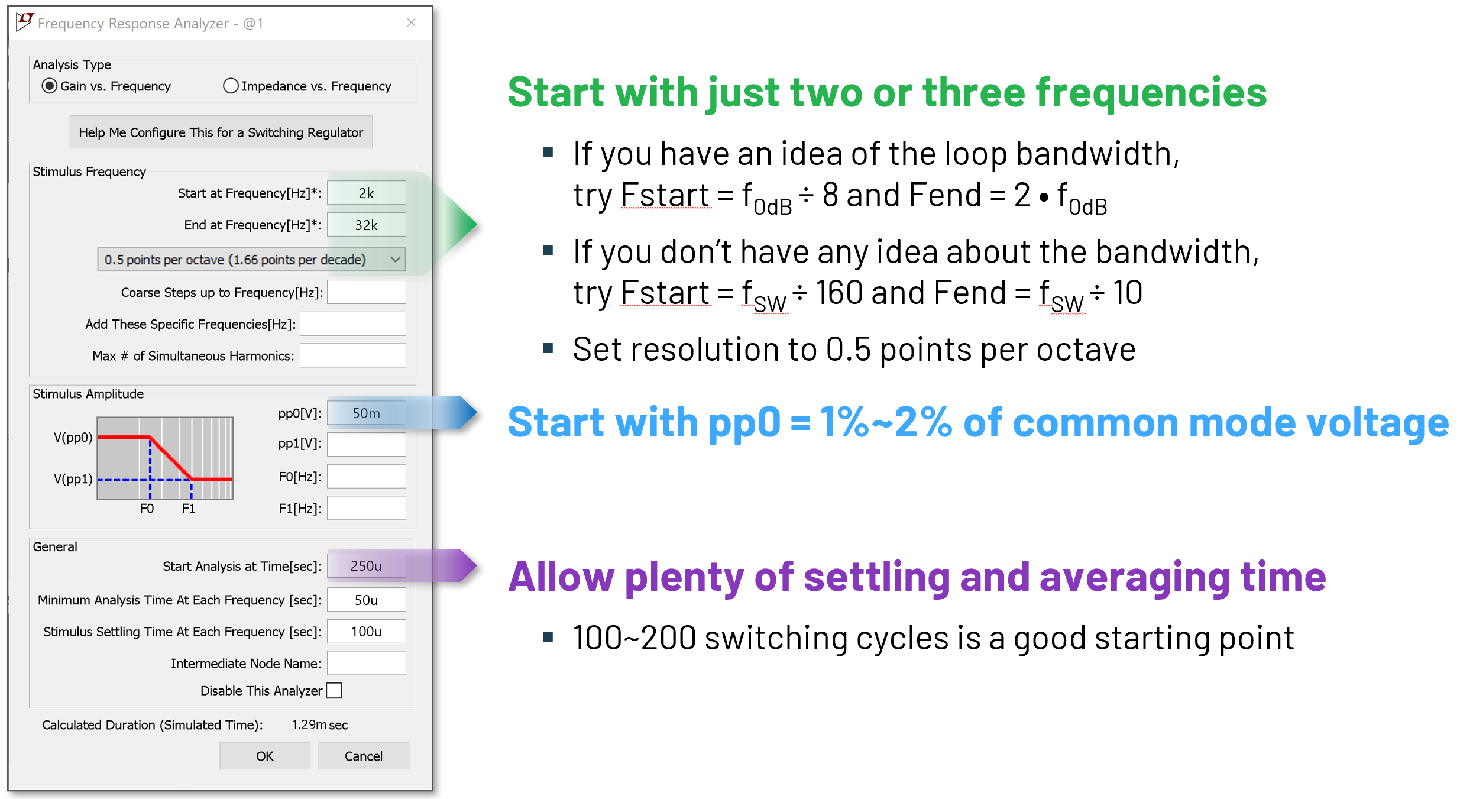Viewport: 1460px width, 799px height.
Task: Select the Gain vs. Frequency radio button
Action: click(50, 86)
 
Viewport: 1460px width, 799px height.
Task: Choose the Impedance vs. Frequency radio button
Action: click(231, 86)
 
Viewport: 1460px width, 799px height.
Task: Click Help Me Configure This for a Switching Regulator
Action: click(221, 132)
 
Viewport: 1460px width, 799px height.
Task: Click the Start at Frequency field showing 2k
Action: click(367, 193)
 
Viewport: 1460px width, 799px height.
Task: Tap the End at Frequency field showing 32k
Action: click(367, 225)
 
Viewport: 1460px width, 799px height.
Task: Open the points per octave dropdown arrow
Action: click(396, 260)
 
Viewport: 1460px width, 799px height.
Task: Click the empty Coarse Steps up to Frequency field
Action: click(367, 292)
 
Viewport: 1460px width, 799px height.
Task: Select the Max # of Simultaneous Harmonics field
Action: click(353, 355)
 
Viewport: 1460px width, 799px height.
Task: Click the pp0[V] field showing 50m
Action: click(367, 413)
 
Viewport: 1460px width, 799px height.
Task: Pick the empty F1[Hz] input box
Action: click(367, 508)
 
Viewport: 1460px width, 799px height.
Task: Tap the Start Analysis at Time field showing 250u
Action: click(367, 566)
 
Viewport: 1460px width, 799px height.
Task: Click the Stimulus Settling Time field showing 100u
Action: click(367, 632)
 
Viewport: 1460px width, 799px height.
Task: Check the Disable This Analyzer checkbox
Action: click(335, 691)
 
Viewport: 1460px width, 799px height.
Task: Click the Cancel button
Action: click(364, 756)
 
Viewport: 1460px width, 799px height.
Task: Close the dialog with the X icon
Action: click(412, 22)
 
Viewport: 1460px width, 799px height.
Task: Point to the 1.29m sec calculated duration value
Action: click(320, 724)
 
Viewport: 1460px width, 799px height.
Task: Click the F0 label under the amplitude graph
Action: click(147, 509)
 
